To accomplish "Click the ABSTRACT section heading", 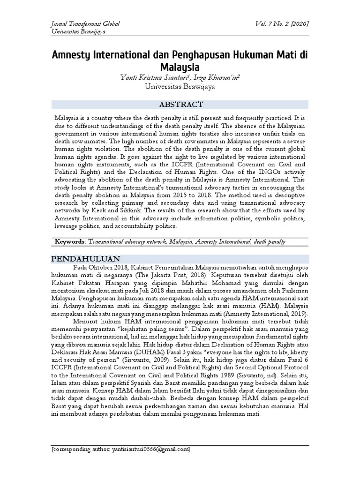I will tap(180, 105).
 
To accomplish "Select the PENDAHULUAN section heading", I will tap(85, 259).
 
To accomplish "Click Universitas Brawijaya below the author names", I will tap(180, 86).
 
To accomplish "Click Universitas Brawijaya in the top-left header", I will tap(78, 31).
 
